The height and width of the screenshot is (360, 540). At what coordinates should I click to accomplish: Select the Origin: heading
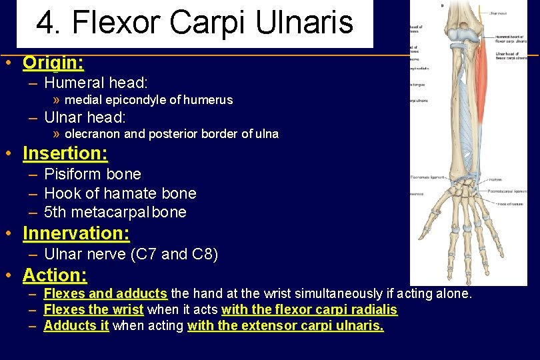pos(53,63)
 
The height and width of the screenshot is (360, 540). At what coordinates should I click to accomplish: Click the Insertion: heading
pos(65,153)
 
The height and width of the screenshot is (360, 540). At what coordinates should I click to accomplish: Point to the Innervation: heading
pos(76,233)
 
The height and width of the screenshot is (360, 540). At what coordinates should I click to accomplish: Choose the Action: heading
pos(55,275)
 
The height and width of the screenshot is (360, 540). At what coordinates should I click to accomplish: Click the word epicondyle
pos(137,100)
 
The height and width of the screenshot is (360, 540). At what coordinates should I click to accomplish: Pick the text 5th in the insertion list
pos(55,212)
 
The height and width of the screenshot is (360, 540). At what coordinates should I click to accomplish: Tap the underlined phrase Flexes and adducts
pos(105,293)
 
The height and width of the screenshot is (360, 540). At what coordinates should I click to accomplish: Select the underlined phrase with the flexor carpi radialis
pos(309,310)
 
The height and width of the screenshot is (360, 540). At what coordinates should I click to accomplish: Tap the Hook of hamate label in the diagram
pos(511,203)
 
